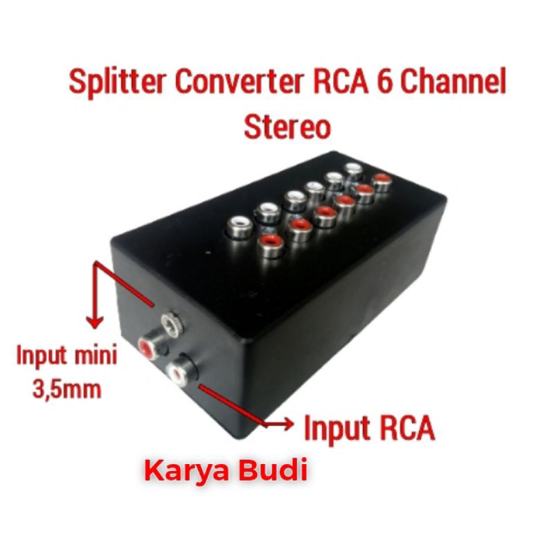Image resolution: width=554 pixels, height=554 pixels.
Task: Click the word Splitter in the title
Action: (x=117, y=82)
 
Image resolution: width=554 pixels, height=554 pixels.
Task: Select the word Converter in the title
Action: (x=240, y=81)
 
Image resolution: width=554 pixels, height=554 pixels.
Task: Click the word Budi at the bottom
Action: (x=271, y=470)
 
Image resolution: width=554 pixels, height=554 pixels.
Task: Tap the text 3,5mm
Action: (x=66, y=389)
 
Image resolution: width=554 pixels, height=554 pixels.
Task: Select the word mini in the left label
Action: (x=96, y=355)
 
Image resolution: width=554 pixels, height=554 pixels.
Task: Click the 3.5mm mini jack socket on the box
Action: (x=173, y=323)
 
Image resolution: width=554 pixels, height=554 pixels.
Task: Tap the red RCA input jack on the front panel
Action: (x=149, y=347)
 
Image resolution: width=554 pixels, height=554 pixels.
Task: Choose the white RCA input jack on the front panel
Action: (x=179, y=373)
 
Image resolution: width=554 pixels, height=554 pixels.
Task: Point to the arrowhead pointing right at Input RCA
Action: (x=287, y=423)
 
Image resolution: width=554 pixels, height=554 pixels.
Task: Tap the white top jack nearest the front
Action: (x=240, y=227)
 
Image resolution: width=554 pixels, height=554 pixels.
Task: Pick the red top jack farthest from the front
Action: (x=382, y=181)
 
